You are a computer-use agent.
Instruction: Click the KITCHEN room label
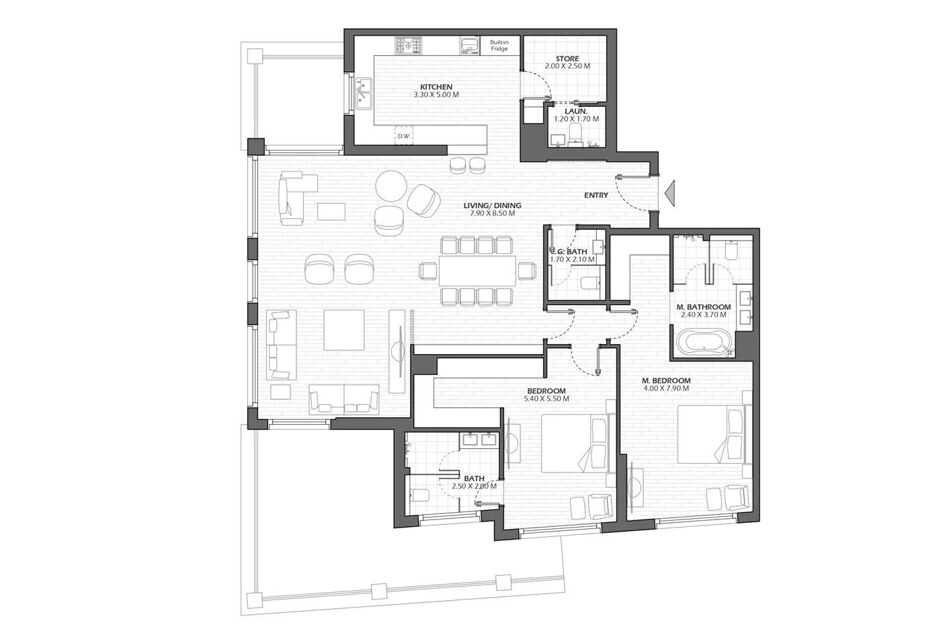[x=436, y=87]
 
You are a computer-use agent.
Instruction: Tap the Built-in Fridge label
[x=499, y=46]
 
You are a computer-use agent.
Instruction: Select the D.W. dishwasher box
[x=404, y=136]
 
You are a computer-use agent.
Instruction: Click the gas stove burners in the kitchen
[x=408, y=46]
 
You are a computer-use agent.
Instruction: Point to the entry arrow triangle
[x=670, y=194]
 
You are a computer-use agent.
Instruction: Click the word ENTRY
[x=596, y=196]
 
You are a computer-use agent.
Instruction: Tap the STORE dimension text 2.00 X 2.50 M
[x=567, y=67]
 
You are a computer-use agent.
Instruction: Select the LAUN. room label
[x=576, y=112]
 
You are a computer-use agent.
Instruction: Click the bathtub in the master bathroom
[x=704, y=342]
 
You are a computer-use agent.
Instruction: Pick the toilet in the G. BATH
[x=590, y=283]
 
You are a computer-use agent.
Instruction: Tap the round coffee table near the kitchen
[x=391, y=186]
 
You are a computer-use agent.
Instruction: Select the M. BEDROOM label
[x=666, y=380]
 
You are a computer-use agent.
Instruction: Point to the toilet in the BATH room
[x=419, y=495]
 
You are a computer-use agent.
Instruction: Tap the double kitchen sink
[x=364, y=93]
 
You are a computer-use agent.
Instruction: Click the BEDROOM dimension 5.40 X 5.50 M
[x=546, y=399]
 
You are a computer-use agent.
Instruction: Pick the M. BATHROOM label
[x=704, y=307]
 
